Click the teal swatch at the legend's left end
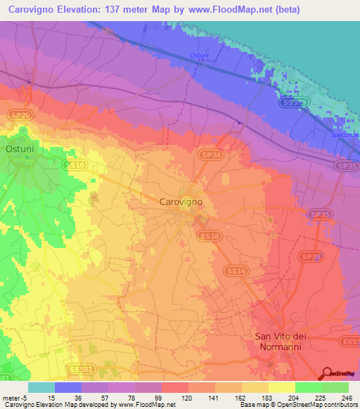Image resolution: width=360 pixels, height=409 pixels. click(x=41, y=387)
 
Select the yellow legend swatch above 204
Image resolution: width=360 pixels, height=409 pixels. click(x=281, y=387)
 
